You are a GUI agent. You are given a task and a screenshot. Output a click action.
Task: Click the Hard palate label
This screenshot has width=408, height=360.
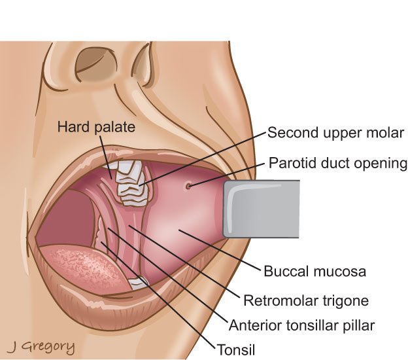click(96, 127)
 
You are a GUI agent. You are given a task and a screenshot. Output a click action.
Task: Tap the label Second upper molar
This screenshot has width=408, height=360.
click(335, 133)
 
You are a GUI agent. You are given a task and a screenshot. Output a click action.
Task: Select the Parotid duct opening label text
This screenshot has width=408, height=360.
click(338, 164)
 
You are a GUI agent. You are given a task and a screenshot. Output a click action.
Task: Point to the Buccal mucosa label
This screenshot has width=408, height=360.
click(315, 271)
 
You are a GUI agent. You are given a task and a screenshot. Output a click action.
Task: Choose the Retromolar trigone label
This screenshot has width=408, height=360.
click(306, 300)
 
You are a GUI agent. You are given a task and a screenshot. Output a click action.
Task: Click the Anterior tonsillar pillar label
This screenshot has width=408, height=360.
click(302, 325)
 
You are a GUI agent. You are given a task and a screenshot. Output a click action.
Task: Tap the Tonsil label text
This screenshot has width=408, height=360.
click(236, 350)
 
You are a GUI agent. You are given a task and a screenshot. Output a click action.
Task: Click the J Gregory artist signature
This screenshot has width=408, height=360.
click(41, 347)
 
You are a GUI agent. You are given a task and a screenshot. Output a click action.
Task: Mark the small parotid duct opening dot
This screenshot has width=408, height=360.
click(188, 186)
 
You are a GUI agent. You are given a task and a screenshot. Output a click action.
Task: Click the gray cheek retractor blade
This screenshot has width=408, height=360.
click(262, 209)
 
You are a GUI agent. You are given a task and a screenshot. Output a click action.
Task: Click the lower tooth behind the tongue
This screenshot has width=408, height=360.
click(138, 283)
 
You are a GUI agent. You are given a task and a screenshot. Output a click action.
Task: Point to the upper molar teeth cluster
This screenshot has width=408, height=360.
click(131, 183)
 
